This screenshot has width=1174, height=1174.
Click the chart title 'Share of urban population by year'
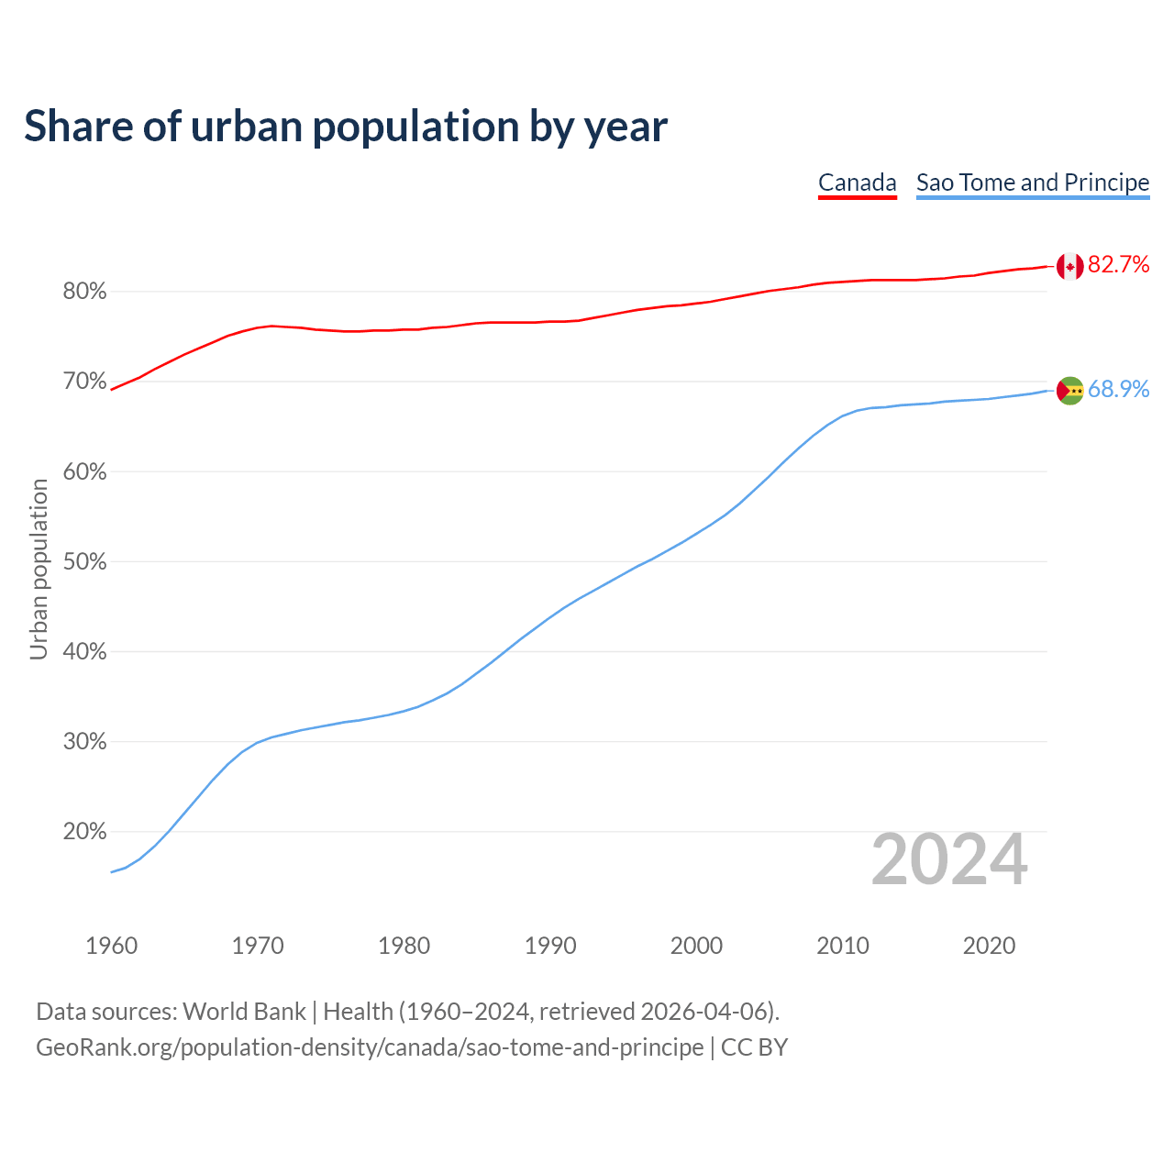pyautogui.click(x=346, y=127)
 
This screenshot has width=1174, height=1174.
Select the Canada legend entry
pyautogui.click(x=857, y=183)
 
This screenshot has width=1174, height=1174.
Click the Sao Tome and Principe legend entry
pyautogui.click(x=1033, y=183)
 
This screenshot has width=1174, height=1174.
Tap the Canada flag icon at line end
pyautogui.click(x=1069, y=266)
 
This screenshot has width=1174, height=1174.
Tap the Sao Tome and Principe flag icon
pyautogui.click(x=1069, y=391)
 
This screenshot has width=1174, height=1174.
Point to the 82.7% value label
pyautogui.click(x=1118, y=265)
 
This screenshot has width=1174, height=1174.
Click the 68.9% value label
pyautogui.click(x=1118, y=390)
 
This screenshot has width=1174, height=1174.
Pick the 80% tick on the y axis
pyautogui.click(x=84, y=292)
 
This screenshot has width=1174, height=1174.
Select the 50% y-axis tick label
pyautogui.click(x=84, y=561)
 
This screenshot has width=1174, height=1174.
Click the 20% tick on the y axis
pyautogui.click(x=84, y=832)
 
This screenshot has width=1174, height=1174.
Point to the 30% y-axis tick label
pyautogui.click(x=84, y=742)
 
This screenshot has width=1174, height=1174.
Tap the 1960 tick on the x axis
pyautogui.click(x=111, y=946)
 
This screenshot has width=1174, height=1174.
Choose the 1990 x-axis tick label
pyautogui.click(x=550, y=946)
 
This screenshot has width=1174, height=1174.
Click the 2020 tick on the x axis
pyautogui.click(x=989, y=946)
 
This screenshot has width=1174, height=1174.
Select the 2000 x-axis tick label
pyautogui.click(x=696, y=946)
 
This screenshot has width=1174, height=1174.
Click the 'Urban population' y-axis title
pyautogui.click(x=39, y=569)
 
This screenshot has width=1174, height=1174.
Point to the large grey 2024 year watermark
pyautogui.click(x=949, y=859)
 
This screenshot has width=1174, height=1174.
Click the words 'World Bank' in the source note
pyautogui.click(x=244, y=1012)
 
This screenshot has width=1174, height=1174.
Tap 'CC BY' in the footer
pyautogui.click(x=754, y=1047)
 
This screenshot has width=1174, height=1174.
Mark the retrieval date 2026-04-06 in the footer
pyautogui.click(x=703, y=1012)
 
